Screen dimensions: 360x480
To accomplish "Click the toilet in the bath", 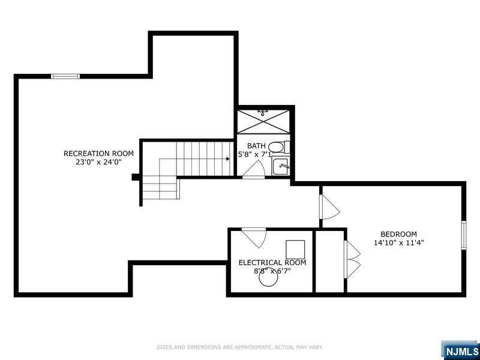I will coord(276,147).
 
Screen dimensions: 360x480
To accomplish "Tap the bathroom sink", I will coord(281,166).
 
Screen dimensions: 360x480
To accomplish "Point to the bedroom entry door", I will coord(329,207).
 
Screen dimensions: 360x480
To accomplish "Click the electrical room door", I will coord(255,236).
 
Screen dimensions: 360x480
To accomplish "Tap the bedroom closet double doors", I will coord(351,259).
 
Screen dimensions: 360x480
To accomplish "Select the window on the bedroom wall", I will coord(463,235).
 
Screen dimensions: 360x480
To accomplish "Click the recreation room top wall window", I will coord(65,76).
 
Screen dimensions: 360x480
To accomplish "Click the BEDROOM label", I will coord(398,234).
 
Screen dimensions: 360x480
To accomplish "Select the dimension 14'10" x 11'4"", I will coord(398,243).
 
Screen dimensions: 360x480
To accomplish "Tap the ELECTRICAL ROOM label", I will coord(272,263).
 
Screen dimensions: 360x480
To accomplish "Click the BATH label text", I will coord(256,146).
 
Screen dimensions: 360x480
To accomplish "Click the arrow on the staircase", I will coord(228,159).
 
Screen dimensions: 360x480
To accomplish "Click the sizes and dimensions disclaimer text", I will coord(240,347).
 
